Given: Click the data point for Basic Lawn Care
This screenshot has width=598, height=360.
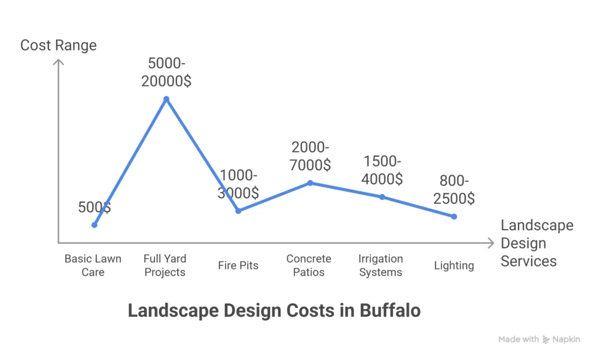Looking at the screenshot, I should click(x=94, y=224).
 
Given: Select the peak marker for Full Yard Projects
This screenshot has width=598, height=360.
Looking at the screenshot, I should click(x=166, y=99).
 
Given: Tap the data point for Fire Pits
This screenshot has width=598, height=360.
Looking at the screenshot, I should click(x=238, y=210).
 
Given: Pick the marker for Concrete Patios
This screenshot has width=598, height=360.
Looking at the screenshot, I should click(x=310, y=183).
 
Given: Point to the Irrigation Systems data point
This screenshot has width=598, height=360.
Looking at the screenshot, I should click(x=382, y=197).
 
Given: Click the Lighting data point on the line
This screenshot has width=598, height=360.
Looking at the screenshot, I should click(x=454, y=216).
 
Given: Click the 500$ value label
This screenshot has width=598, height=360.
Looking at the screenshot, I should click(x=95, y=207).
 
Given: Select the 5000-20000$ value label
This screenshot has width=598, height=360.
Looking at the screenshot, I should click(x=166, y=72).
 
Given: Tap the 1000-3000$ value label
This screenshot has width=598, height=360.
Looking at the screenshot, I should click(x=238, y=184).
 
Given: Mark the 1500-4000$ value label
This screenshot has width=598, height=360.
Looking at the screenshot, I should click(x=382, y=169).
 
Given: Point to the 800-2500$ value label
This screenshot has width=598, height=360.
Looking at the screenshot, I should click(x=454, y=189).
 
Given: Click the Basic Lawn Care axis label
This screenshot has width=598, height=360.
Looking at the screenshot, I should click(x=93, y=265).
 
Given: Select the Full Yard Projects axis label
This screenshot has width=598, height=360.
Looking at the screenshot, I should click(x=165, y=265).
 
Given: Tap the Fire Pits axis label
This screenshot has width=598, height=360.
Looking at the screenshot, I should click(x=238, y=265).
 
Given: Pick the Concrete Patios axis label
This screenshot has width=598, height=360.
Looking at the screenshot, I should click(x=309, y=265).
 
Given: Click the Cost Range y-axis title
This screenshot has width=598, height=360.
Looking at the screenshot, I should click(x=58, y=45).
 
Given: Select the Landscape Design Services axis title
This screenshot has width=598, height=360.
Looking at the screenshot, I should click(x=536, y=243).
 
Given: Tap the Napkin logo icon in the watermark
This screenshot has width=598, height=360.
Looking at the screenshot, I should click(x=546, y=340).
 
